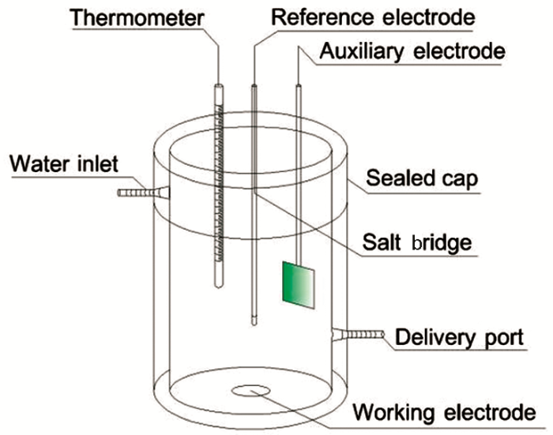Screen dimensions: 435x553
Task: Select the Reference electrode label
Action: pyautogui.click(x=373, y=15)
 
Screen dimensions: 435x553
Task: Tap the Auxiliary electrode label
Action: pyautogui.click(x=412, y=51)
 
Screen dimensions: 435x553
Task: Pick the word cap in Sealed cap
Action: pyautogui.click(x=461, y=180)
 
